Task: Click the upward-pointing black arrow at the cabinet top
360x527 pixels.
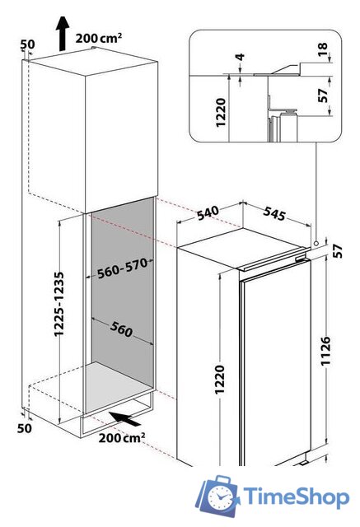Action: coord(63,34)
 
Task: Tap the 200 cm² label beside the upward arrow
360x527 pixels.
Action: coord(99,38)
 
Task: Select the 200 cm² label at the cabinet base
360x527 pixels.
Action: coord(122,437)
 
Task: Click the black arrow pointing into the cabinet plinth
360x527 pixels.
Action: coord(126,419)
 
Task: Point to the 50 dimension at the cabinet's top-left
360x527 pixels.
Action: coord(27,44)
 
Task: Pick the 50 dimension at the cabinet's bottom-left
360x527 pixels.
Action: coord(25,428)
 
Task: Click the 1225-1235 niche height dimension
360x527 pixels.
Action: coord(59,304)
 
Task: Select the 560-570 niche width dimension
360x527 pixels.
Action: coord(123,268)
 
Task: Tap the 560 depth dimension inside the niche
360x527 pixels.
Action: coord(121,329)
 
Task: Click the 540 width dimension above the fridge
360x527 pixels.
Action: coord(208,213)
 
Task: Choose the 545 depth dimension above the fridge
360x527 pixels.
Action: coord(274,213)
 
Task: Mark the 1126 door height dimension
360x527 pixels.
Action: coord(325,351)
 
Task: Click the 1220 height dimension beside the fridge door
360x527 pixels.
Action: coord(219,380)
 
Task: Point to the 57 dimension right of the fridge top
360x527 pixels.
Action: coord(337,250)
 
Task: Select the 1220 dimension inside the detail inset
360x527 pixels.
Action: coord(221,113)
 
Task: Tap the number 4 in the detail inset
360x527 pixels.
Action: coord(240,57)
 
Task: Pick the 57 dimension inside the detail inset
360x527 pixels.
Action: coord(322,96)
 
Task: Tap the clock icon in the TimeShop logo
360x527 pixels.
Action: coord(221,497)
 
